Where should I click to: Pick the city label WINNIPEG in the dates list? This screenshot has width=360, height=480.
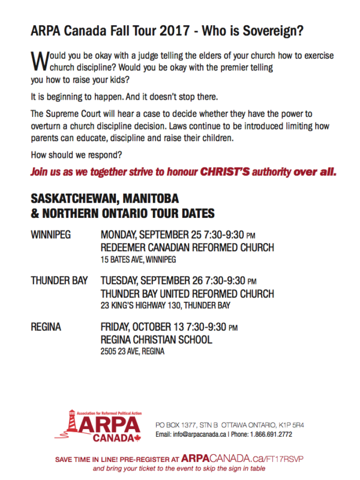tap(50, 235)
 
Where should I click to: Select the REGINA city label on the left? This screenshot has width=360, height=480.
tap(45, 326)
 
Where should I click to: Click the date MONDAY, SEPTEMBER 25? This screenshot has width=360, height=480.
tap(151, 235)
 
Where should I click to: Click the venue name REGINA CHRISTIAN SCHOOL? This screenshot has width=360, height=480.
tap(156, 340)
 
